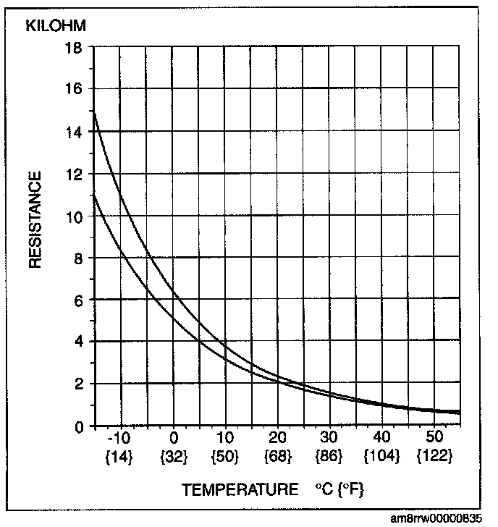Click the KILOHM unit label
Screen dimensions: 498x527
point(56,26)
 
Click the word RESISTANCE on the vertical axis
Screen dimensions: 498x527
point(35,219)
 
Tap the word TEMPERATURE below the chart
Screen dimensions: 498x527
point(240,489)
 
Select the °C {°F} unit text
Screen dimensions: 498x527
point(339,489)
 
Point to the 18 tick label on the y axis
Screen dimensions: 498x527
point(74,48)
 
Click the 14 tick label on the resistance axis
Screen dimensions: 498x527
point(74,132)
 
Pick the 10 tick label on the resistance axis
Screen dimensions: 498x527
point(74,217)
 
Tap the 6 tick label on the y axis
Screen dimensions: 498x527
point(78,301)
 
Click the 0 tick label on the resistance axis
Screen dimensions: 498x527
point(79,428)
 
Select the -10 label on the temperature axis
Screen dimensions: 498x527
point(119,437)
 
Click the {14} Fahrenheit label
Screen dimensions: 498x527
point(119,457)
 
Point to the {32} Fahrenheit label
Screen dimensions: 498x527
point(174,457)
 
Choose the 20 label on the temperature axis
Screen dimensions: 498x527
point(277,437)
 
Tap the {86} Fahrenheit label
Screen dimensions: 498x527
point(329,457)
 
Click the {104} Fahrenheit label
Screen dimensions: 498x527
point(382,457)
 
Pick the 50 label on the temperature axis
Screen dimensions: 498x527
point(434,437)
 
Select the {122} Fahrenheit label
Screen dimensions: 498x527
point(434,456)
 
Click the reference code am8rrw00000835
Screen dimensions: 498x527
point(436,518)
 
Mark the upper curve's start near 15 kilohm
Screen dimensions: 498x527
point(94,112)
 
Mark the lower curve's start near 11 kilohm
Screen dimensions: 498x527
point(94,195)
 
